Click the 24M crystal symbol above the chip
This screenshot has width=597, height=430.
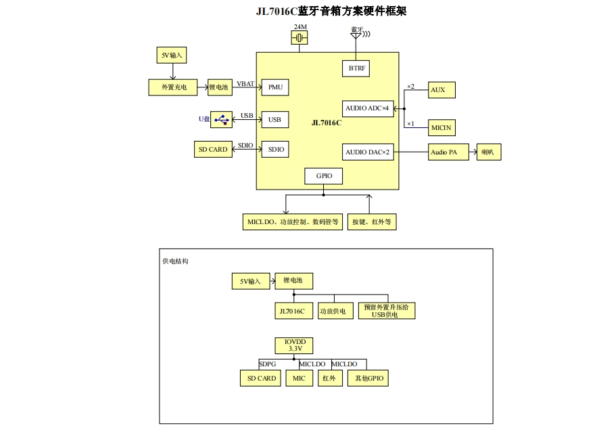(300, 38)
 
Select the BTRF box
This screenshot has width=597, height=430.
(356, 68)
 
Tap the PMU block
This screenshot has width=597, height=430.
(275, 87)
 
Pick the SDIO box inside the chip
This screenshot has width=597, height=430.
(275, 150)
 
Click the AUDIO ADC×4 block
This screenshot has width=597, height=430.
(368, 108)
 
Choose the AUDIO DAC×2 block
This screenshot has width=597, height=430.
(368, 152)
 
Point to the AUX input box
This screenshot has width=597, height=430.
(441, 90)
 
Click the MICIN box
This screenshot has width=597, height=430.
(441, 127)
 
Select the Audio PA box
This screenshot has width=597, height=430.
(444, 152)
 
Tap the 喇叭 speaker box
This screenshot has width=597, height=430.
(488, 152)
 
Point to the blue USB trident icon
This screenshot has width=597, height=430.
(221, 119)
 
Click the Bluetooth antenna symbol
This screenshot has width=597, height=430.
(356, 35)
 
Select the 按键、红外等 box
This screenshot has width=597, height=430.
(372, 222)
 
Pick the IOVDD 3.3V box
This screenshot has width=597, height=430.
(294, 345)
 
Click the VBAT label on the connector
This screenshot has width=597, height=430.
(245, 84)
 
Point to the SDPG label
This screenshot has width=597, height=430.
(267, 364)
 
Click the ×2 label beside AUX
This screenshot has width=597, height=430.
(411, 87)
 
